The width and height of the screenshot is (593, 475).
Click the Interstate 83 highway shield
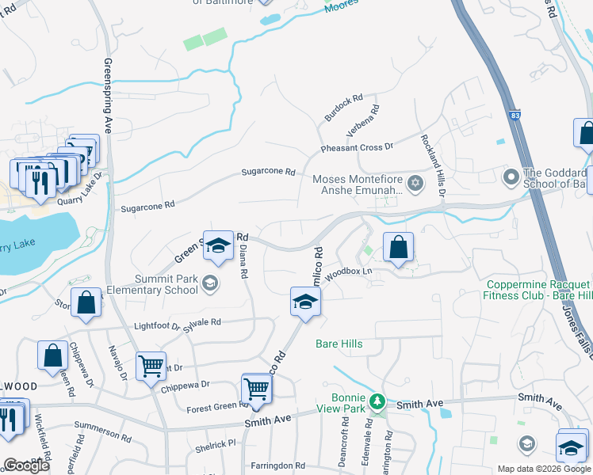click(515, 116)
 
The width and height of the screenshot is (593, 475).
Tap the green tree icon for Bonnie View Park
click(380, 401)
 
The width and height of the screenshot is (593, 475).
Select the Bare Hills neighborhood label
click(339, 344)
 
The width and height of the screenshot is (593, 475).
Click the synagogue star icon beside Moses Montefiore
click(414, 184)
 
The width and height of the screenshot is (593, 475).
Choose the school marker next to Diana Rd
click(217, 246)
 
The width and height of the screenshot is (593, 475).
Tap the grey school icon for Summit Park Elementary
click(209, 283)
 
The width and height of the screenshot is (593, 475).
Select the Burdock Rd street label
click(342, 108)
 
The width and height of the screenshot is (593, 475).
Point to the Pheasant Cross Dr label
click(357, 148)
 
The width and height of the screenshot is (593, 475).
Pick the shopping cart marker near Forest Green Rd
click(256, 389)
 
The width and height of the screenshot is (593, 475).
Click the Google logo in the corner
click(26, 465)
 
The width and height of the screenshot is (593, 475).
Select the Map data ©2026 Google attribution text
click(545, 469)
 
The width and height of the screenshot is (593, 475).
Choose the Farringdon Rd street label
click(277, 465)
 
